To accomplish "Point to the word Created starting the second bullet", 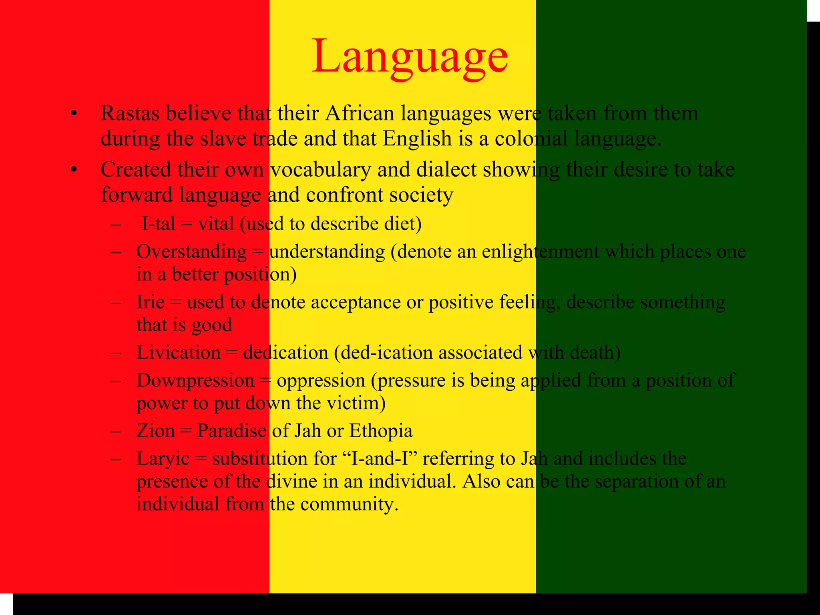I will click(x=135, y=170).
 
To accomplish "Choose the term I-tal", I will click(x=159, y=224).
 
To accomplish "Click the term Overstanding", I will click(x=191, y=252).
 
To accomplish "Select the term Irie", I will click(x=151, y=302).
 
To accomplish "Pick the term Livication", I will click(x=179, y=353).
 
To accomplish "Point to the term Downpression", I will click(x=195, y=380).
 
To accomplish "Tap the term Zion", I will click(x=156, y=431).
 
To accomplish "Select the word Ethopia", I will click(x=381, y=431).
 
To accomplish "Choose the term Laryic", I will click(x=163, y=459).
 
